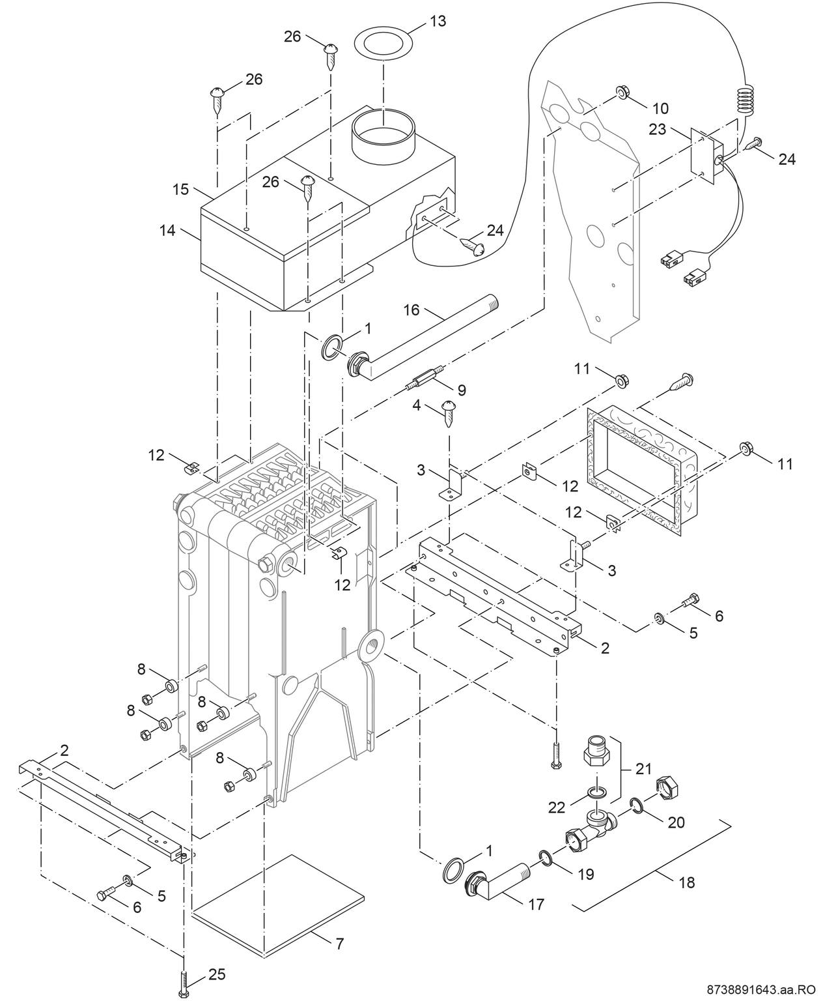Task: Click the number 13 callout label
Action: (438, 21)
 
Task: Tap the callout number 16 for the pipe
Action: (411, 311)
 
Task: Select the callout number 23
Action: (657, 129)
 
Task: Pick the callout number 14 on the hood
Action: (168, 230)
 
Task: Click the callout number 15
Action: (180, 189)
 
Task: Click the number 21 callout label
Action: (643, 769)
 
